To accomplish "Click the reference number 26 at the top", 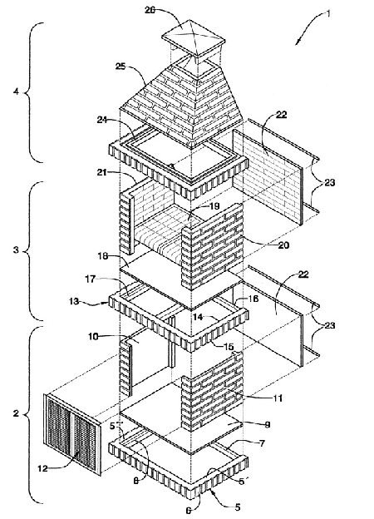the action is pos(151,10).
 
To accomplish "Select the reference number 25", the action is pos(121,67).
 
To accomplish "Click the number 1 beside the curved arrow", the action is pos(328,13).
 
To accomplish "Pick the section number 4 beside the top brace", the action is pos(16,91).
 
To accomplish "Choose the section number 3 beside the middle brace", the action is pos(16,250).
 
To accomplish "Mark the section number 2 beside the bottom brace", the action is pos(16,413).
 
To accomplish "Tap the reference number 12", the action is pos(43,468).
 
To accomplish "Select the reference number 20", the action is pos(283,245).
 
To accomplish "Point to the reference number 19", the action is pos(214,206).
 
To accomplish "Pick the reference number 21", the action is pos(104,172).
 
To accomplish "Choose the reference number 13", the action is pos(76,301).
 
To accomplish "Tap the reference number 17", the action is pos(91,279).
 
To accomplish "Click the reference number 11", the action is pos(277,398).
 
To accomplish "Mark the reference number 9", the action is pos(267,424).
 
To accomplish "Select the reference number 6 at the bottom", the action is pos(188,511).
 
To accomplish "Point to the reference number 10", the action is pos(94,336).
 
